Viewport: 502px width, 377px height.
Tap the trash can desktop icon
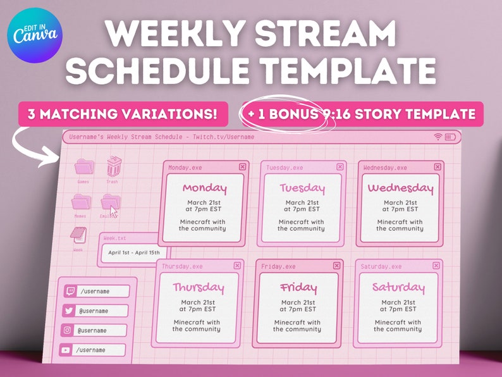(113, 167)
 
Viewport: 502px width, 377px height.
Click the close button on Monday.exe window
(243, 166)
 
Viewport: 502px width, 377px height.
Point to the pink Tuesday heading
(302, 188)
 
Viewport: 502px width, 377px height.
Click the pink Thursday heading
(199, 288)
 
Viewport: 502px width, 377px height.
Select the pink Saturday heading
(398, 287)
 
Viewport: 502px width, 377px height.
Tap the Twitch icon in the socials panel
(68, 291)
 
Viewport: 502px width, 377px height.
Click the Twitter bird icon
(68, 311)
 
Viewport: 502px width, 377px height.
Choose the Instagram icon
(67, 330)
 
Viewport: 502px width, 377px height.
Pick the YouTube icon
(66, 350)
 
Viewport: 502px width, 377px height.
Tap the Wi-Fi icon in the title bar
(438, 137)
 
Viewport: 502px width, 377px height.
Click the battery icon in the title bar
(451, 137)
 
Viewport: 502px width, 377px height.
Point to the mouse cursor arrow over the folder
(113, 211)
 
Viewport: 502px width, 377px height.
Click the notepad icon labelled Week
(78, 235)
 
